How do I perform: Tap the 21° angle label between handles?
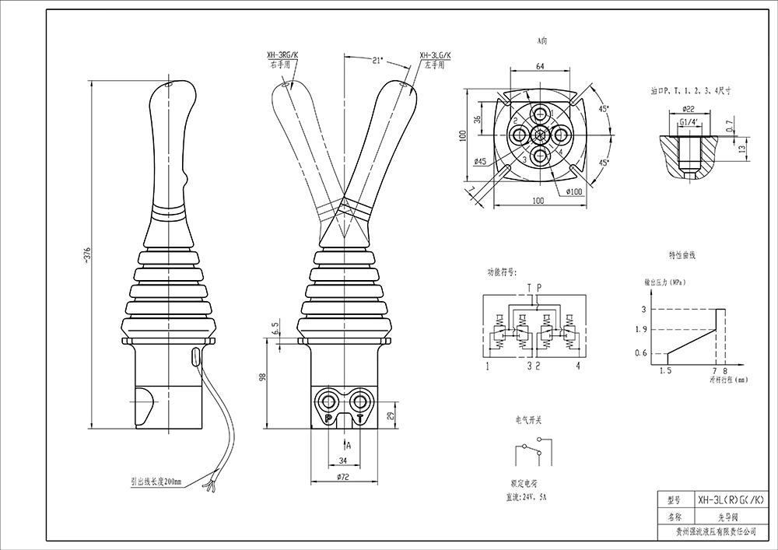(379, 59)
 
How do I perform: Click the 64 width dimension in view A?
(539, 67)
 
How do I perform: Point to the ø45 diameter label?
(480, 162)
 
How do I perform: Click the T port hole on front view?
(360, 401)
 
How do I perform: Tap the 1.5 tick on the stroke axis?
(665, 370)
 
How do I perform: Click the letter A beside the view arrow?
(348, 445)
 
